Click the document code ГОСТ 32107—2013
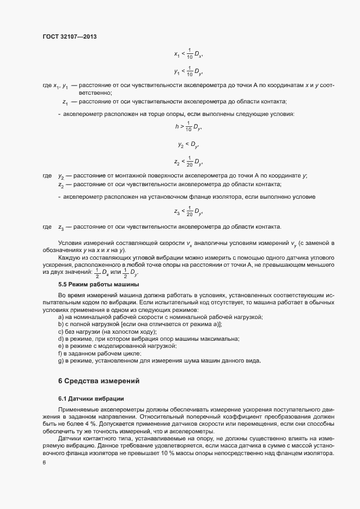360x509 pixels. tap(70, 36)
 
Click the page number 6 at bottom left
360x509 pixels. tap(44, 463)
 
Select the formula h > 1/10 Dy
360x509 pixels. tap(188, 127)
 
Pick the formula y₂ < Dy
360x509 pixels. tap(188, 145)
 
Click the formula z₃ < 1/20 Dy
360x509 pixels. tap(188, 211)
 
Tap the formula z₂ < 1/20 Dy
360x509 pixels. tap(188, 162)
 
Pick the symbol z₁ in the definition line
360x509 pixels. tap(65, 102)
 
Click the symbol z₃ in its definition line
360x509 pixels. tap(62, 226)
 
